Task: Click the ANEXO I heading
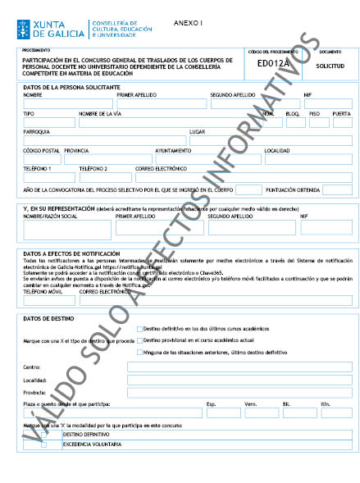(x=189, y=25)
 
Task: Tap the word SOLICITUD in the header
(x=330, y=64)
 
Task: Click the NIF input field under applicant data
(x=327, y=104)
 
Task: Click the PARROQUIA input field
(x=103, y=140)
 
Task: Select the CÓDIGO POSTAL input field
(x=41, y=159)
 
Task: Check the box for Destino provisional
(x=140, y=339)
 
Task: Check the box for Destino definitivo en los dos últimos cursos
(x=140, y=328)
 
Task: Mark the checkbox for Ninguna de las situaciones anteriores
(x=140, y=351)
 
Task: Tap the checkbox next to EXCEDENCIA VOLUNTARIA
(x=44, y=444)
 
